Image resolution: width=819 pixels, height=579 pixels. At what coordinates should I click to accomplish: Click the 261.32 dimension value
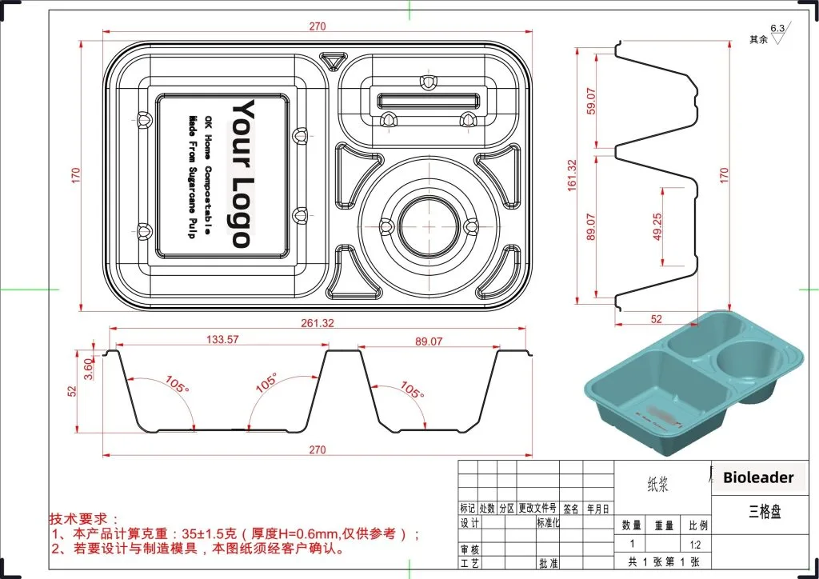(318, 323)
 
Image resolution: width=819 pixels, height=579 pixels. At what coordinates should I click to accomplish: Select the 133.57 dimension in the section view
(222, 340)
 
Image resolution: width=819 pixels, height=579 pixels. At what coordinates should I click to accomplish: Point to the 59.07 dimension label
(591, 100)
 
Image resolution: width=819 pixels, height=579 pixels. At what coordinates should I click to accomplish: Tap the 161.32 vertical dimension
(572, 174)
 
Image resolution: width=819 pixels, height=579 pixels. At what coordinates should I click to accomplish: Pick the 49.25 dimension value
(657, 226)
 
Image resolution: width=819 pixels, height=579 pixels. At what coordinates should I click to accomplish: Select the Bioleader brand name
(758, 477)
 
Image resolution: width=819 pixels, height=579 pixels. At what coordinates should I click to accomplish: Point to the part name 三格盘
(764, 512)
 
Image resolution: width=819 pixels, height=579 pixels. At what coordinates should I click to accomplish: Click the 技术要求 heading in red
(84, 518)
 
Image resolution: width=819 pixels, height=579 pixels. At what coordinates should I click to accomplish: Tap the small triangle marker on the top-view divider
(331, 60)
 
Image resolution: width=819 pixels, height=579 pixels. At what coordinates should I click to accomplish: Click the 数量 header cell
(632, 525)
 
